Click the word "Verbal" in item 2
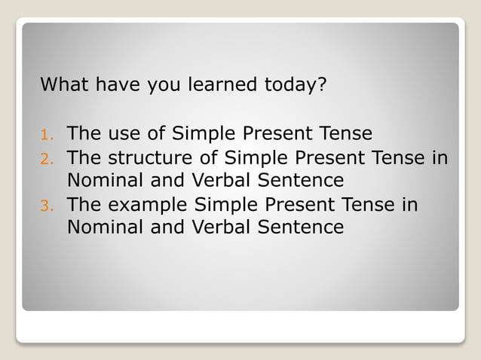coord(219,181)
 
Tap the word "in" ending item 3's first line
coord(409,205)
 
